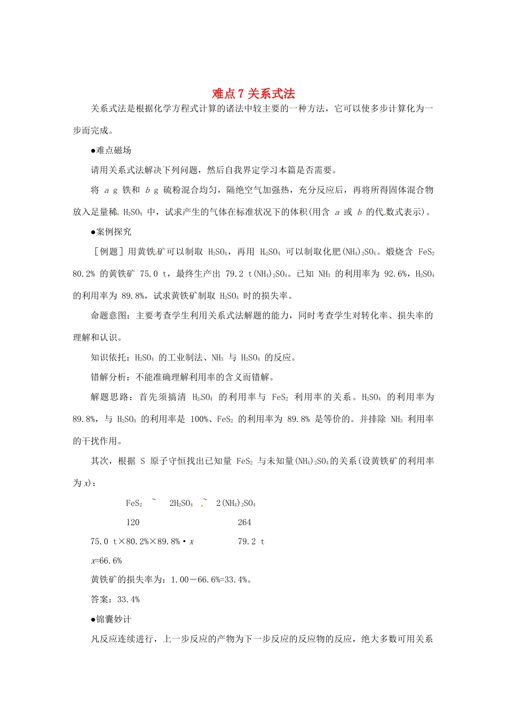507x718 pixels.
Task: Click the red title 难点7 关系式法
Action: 253,93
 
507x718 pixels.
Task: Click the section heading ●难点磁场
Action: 111,151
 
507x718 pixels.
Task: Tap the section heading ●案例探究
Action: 111,232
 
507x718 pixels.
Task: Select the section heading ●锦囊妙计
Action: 111,619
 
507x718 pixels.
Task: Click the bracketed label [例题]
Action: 108,252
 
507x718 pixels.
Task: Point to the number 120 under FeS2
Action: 133,522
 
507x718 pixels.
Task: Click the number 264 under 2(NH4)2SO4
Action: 244,522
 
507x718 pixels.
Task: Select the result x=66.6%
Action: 106,560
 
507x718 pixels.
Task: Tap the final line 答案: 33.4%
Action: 115,599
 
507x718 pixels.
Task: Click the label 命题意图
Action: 108,316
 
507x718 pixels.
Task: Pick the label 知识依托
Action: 108,357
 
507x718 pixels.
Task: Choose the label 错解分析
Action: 108,377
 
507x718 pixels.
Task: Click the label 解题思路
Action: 108,397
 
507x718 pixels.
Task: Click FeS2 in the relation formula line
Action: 134,503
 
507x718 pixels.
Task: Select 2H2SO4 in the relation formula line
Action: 181,503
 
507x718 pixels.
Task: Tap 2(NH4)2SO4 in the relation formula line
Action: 236,503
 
